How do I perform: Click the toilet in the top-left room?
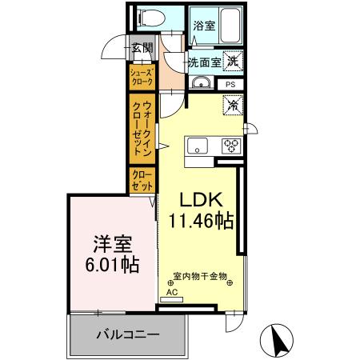point(150,18)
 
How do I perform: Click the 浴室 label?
point(203,26)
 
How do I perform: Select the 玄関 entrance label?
point(142,48)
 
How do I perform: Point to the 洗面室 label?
point(204,62)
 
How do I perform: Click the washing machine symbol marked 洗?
point(232,59)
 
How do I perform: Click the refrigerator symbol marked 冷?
point(233,105)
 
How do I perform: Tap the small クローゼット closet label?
point(142,180)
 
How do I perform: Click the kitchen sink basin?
point(198,145)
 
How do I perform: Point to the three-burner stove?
point(231,145)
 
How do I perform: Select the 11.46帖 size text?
point(201,222)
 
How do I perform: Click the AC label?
point(171,292)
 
